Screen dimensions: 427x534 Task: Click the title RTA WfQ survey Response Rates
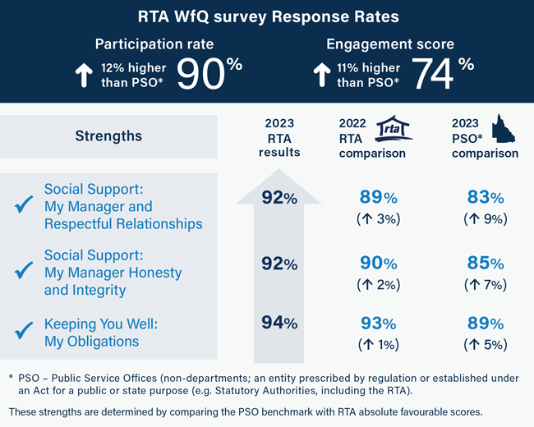(x=266, y=16)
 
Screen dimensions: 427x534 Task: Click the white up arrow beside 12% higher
(x=83, y=76)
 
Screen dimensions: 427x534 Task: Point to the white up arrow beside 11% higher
(x=321, y=76)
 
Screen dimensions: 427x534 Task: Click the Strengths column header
(x=108, y=136)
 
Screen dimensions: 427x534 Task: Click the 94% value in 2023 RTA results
(x=279, y=323)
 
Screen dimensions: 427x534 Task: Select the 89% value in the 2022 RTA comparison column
(x=379, y=197)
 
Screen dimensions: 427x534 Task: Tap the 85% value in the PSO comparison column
(x=485, y=264)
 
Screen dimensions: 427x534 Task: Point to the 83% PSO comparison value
(x=485, y=197)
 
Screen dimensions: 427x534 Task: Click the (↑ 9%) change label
(x=485, y=218)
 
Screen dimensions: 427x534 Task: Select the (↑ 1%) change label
(x=379, y=344)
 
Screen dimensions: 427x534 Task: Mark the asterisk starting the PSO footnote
(x=11, y=376)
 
